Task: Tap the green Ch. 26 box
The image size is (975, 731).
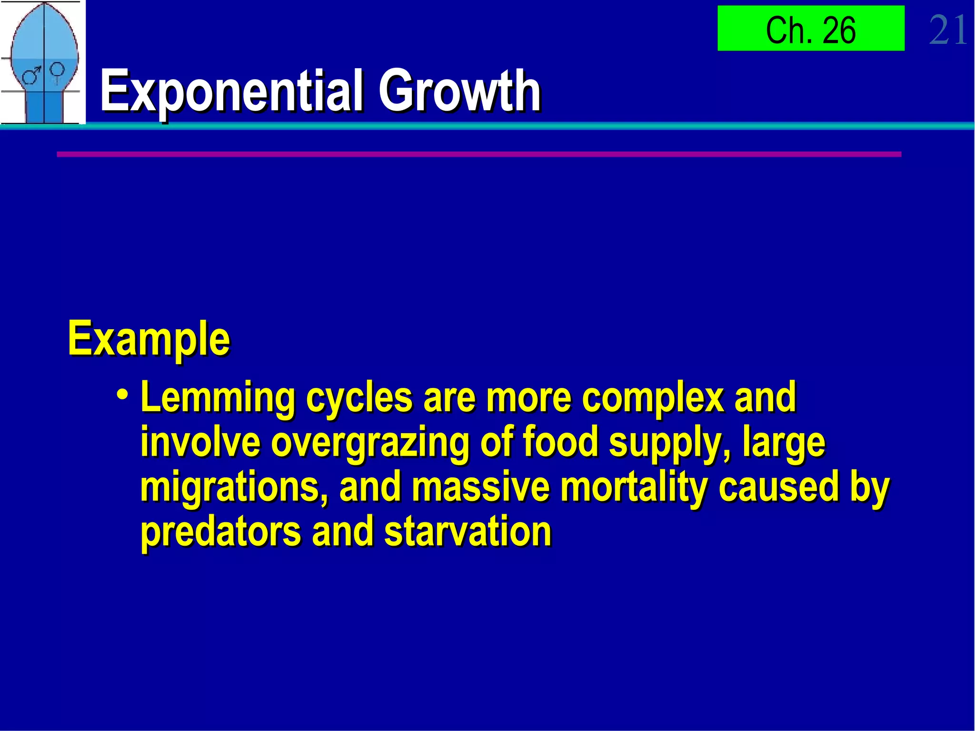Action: point(810,29)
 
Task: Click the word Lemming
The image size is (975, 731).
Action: point(218,398)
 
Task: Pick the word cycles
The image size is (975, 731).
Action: point(358,398)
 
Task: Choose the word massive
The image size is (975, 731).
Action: point(480,487)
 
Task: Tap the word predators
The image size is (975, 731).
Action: point(220,531)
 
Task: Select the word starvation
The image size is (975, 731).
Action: point(468,531)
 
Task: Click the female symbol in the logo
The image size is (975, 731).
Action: point(57,71)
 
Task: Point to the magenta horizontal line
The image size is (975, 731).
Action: point(478,154)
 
